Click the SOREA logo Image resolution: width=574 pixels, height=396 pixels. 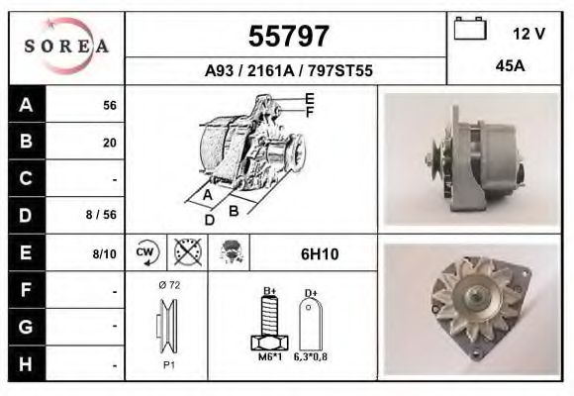point(66,47)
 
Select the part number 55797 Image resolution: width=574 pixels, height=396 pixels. point(287,37)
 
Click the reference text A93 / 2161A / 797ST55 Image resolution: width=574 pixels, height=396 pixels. point(287,71)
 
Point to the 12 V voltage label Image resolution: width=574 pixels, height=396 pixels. point(528,34)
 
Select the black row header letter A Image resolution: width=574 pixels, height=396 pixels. point(26,105)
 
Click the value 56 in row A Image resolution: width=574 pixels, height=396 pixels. point(110,106)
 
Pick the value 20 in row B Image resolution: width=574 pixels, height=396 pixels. point(110,143)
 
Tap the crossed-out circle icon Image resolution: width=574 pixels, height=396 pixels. point(186,253)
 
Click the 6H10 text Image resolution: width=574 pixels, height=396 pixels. point(319,254)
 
